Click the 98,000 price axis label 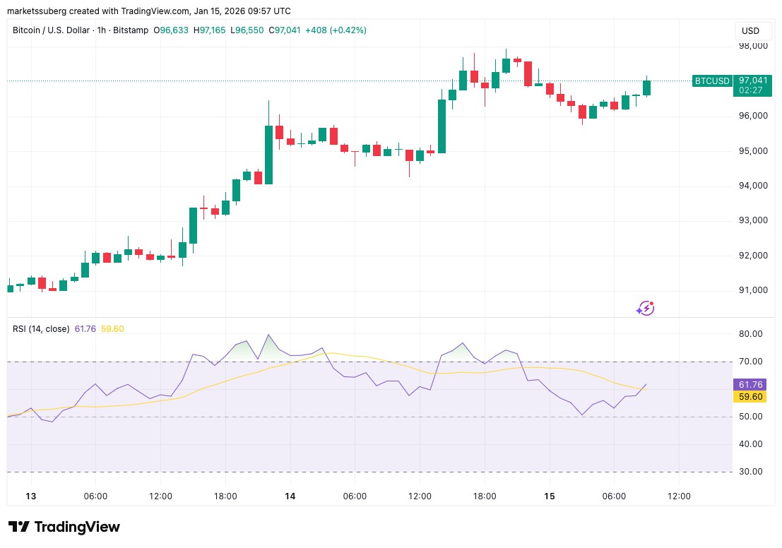[x=753, y=47]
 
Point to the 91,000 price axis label [x=753, y=290]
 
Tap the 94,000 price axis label [x=753, y=186]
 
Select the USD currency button [x=750, y=31]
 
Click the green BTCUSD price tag [x=711, y=81]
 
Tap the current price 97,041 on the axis [x=753, y=81]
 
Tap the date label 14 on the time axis [x=290, y=496]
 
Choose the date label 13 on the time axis [x=30, y=496]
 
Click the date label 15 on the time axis [x=550, y=496]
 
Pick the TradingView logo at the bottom [x=64, y=527]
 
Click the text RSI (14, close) [x=41, y=328]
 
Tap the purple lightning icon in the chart [x=645, y=308]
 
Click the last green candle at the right [x=646, y=88]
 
